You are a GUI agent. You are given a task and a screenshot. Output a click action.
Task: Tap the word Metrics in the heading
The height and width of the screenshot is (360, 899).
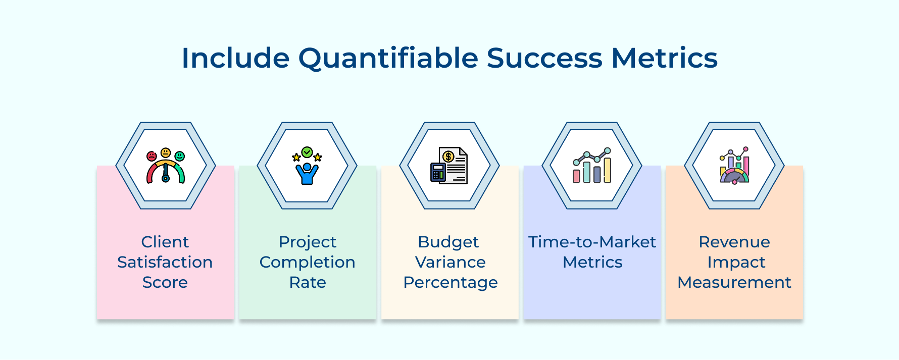[x=664, y=58]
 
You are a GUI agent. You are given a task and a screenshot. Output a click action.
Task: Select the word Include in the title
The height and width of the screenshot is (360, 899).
[x=235, y=58]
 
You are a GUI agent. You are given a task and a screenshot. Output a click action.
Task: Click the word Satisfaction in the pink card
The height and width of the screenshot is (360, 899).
[x=165, y=262]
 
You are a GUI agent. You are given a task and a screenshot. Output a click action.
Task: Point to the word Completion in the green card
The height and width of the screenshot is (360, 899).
[x=307, y=262]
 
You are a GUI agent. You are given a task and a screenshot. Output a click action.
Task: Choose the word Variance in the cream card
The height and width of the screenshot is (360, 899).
[x=450, y=262]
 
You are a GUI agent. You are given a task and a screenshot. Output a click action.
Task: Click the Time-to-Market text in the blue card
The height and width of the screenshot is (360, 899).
[x=592, y=242]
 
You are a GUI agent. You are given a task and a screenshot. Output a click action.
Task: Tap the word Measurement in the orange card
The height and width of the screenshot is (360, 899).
[x=734, y=282]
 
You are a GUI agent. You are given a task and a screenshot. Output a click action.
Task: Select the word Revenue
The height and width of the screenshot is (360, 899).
[x=734, y=242]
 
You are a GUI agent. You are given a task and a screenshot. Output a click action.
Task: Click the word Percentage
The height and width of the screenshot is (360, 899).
[x=450, y=282]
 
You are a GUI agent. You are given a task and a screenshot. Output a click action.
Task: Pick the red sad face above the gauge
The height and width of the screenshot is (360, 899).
[x=152, y=156]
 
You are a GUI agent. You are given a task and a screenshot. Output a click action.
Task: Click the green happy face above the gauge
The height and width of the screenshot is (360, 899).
[x=180, y=156]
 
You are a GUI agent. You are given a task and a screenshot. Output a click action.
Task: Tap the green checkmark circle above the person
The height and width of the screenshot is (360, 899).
[x=307, y=152]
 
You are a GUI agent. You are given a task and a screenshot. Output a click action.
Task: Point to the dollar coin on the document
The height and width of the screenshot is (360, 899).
[x=447, y=157]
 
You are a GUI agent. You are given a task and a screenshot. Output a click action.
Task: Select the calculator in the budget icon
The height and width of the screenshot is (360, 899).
[x=438, y=172]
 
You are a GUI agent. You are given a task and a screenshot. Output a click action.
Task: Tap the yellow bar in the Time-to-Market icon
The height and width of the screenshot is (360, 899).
[x=607, y=170]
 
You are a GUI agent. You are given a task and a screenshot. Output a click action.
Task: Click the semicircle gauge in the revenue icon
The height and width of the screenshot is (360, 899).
[x=734, y=176]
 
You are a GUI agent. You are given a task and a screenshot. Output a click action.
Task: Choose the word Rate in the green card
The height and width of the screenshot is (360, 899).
[x=307, y=282]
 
